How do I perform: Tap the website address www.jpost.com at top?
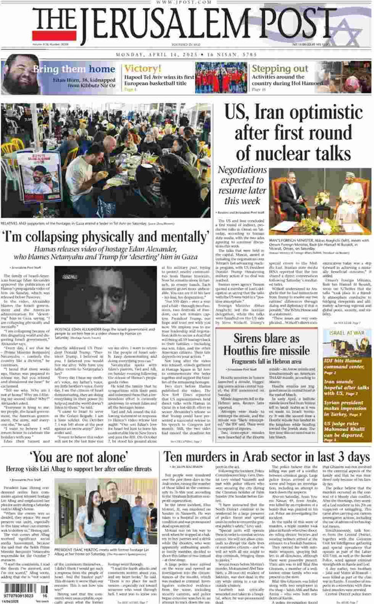[x=187, y=3]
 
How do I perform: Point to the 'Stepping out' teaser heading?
[x=280, y=69]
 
